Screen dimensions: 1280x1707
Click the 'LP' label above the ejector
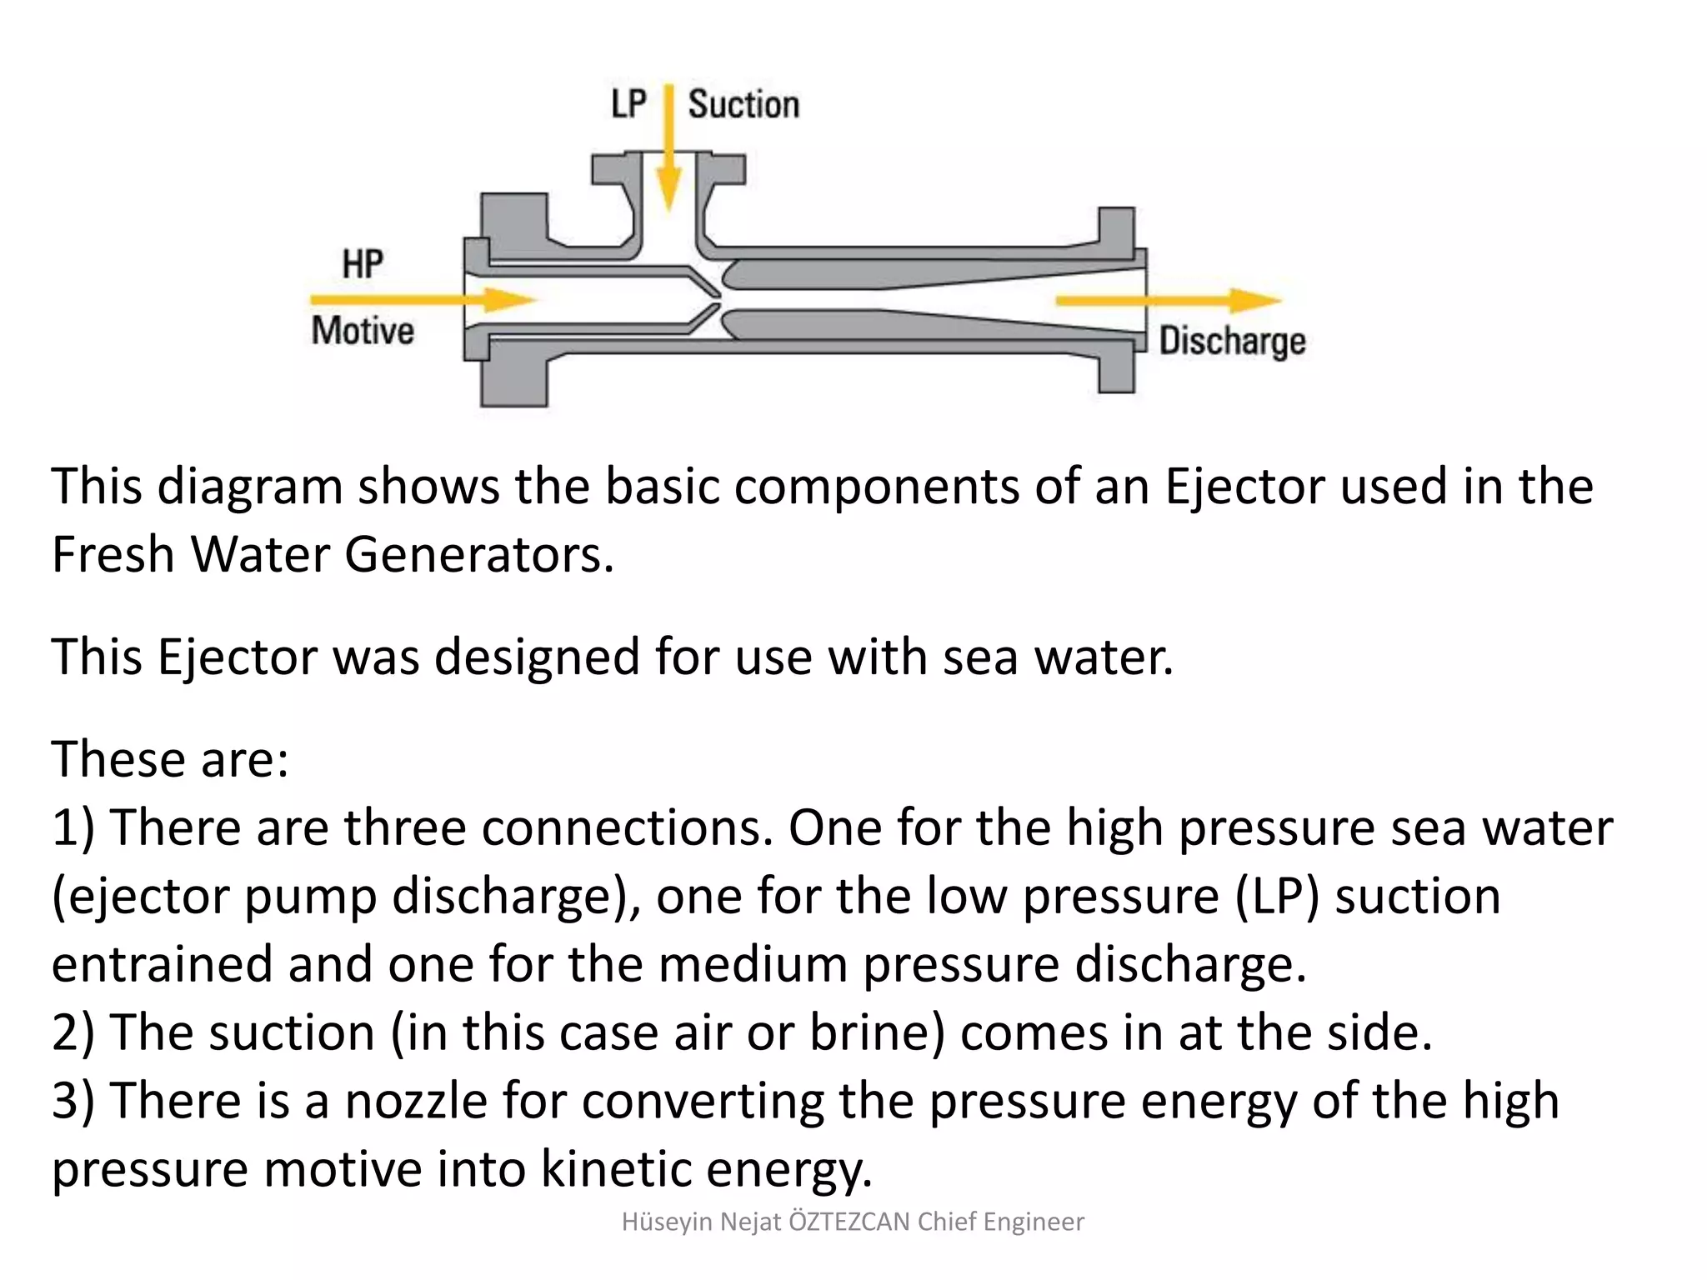pos(629,105)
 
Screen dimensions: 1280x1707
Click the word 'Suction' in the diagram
pos(743,105)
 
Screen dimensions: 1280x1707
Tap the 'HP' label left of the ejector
pos(363,264)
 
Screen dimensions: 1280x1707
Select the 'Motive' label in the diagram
pos(363,331)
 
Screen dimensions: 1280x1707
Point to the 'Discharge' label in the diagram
pos(1232,342)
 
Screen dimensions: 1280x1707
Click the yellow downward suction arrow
pos(668,150)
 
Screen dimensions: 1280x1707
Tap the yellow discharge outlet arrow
pos(1167,300)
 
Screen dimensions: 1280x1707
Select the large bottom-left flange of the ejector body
pos(514,379)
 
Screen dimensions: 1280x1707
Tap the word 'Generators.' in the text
pos(479,555)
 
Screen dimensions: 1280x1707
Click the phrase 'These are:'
pos(170,759)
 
